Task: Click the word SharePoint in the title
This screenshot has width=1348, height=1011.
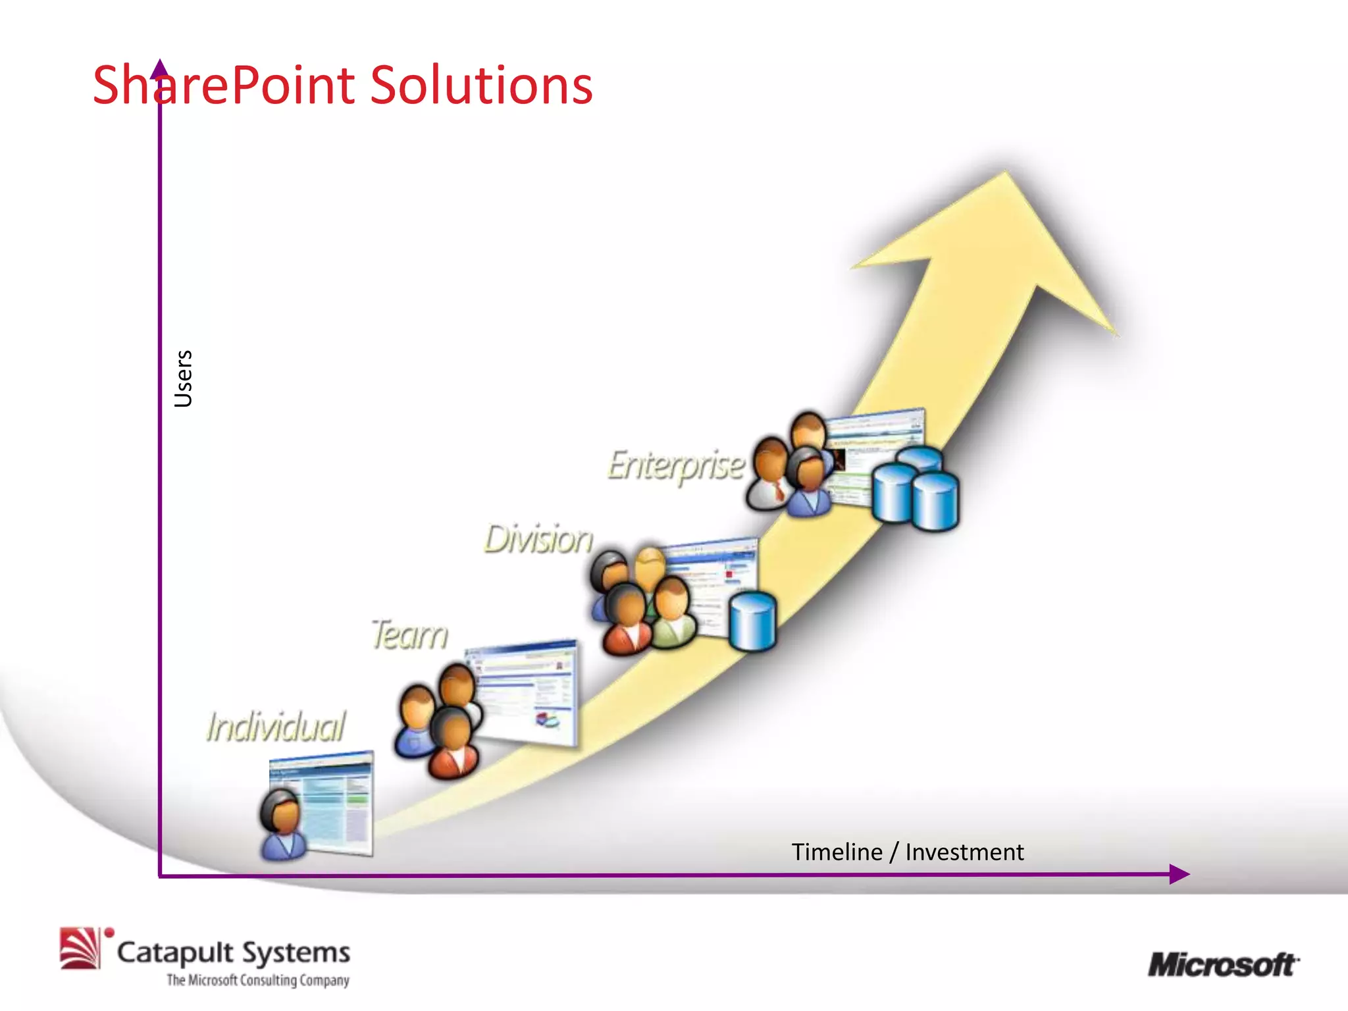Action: point(227,86)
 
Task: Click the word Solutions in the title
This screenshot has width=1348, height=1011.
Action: point(481,86)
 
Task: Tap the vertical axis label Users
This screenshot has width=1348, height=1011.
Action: point(184,378)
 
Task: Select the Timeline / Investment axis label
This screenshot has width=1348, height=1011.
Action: point(907,852)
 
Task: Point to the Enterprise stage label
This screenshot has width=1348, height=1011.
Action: point(675,466)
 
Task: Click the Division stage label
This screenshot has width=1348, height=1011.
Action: point(538,539)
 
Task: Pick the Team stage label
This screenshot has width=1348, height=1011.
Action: point(409,635)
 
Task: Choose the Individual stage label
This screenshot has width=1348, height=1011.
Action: point(275,727)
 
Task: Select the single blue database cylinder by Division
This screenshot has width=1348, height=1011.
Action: point(753,621)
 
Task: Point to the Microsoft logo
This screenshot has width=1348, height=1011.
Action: point(1223,965)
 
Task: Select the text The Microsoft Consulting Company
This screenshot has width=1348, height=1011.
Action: point(257,980)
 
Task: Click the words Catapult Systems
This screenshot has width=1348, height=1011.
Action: point(234,952)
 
